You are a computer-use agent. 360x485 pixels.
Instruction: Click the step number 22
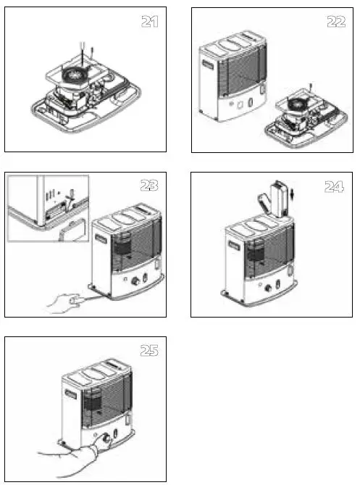pos(335,22)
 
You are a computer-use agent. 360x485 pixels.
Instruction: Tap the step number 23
pos(149,186)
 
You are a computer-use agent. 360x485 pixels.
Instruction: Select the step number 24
pos(334,186)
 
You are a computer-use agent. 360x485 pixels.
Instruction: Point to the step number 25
pos(149,351)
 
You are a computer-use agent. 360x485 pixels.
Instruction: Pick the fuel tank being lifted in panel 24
pos(279,199)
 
